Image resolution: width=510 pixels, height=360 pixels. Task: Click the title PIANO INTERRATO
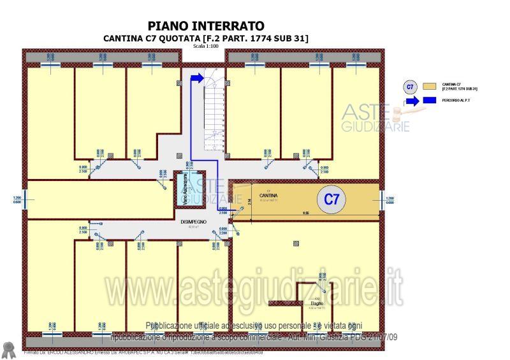pos(206,26)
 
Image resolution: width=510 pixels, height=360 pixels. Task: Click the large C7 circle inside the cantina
pos(331,199)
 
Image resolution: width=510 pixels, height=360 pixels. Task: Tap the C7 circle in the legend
pos(411,86)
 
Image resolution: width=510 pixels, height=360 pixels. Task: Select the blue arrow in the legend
pos(411,101)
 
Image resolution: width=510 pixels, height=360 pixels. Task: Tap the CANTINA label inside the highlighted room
pos(268,195)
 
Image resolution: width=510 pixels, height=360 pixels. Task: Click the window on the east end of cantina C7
pos(382,199)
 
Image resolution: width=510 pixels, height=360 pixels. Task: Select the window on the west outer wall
pos(25,199)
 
